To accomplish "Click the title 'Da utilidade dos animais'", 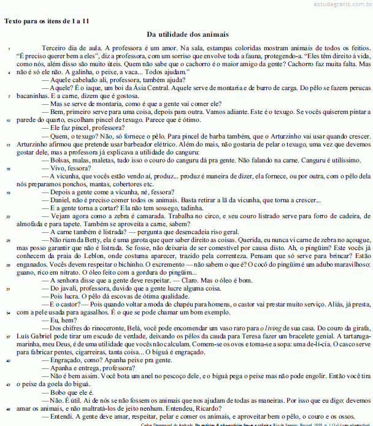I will [188, 34].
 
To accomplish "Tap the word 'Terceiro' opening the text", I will [53, 47].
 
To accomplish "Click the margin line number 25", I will [8, 240].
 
